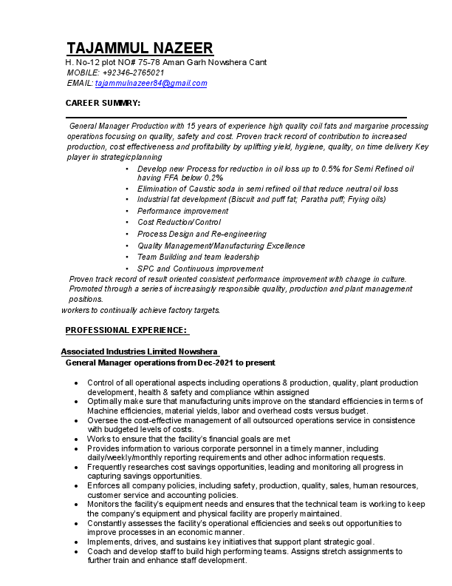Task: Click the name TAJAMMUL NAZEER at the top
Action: (140, 49)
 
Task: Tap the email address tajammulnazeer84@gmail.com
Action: (151, 83)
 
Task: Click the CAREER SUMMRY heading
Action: (103, 103)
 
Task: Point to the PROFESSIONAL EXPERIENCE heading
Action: (126, 329)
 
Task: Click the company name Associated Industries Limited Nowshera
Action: (140, 351)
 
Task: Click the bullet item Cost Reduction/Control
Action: (179, 222)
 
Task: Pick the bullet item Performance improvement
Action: (182, 211)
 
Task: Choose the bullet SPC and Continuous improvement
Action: (200, 269)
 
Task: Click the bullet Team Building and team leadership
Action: (198, 257)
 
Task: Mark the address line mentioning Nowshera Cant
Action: (166, 62)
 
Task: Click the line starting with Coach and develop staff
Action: (244, 552)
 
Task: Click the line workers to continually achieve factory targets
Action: (140, 310)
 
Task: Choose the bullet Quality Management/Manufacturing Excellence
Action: (221, 246)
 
